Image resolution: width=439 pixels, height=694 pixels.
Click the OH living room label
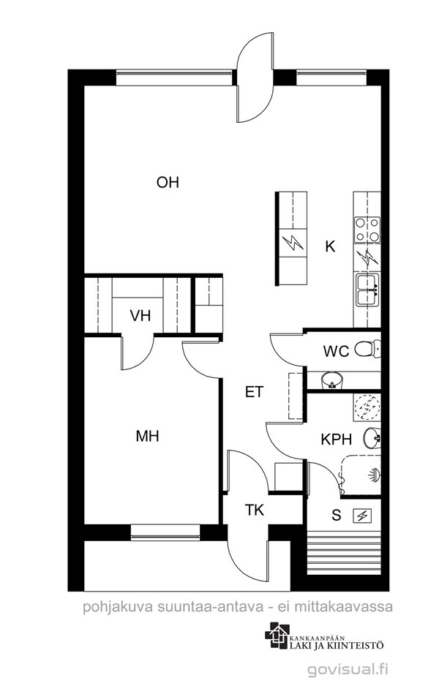point(168,182)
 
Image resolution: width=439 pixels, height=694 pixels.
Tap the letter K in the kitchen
point(330,246)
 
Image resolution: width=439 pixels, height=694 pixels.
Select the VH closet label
point(140,316)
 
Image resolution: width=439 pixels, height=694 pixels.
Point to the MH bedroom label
point(148,437)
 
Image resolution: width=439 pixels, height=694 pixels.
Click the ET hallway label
point(255,392)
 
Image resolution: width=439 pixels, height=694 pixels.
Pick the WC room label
point(337,352)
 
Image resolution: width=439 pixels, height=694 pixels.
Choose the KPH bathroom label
point(337,440)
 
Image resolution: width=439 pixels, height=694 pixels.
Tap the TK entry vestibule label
point(255,510)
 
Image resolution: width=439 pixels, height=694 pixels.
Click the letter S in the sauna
point(337,515)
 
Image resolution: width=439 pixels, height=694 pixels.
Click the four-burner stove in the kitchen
point(367,230)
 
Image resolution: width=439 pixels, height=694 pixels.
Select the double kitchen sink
point(367,289)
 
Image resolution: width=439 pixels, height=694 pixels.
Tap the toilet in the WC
point(368,349)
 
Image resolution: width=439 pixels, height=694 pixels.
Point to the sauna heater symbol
point(362,516)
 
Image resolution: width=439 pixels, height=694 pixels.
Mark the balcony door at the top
point(255,78)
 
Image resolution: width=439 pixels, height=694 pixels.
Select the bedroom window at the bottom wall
point(165,532)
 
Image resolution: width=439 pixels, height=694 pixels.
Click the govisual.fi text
point(348,670)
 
